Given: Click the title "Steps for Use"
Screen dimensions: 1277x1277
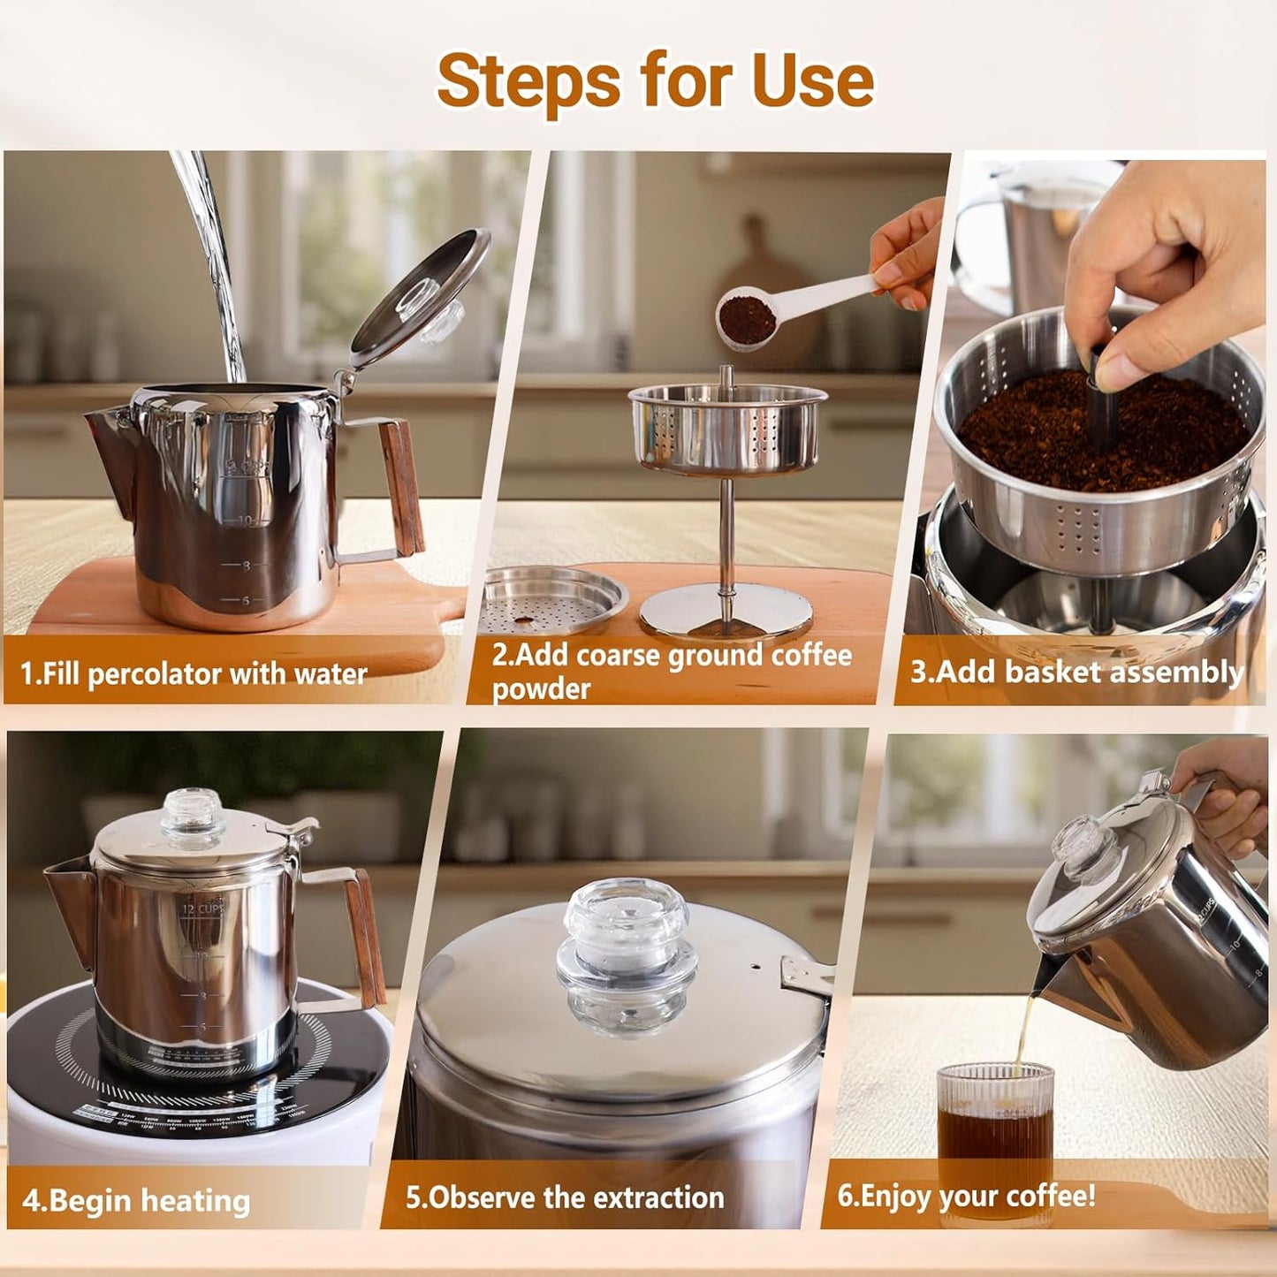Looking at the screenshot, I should pos(655,81).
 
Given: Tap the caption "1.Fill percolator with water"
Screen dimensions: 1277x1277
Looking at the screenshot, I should pos(194,674).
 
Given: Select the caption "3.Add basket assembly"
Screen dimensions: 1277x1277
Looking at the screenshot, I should pos(1076,672).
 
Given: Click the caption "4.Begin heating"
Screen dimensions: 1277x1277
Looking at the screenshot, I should pos(136,1200).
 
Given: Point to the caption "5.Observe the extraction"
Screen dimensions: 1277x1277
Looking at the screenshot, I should pos(565,1197).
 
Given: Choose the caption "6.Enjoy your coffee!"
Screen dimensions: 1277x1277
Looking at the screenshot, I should pos(966,1196).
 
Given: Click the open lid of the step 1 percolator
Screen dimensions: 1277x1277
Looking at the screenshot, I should pos(422,297).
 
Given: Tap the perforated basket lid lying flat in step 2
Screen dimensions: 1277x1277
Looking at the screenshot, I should pos(553,601).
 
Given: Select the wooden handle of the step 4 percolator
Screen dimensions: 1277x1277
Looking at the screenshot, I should pos(365,937).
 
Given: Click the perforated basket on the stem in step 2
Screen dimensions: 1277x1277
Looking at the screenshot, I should pos(726,428).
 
